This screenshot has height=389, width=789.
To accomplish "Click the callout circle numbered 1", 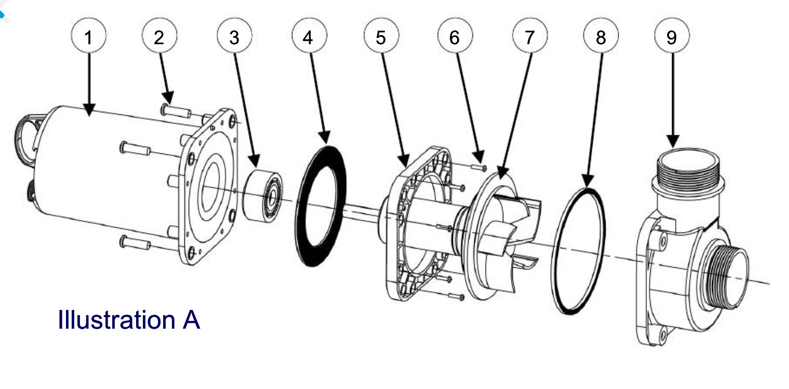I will coord(89,37).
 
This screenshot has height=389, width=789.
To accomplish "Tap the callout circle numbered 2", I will coord(159,37).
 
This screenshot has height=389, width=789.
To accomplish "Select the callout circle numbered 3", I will coord(234,37).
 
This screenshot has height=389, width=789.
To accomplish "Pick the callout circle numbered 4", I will coord(309,37).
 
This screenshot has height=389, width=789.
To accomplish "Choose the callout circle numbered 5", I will coord(381,37).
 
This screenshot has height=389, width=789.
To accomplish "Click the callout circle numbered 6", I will coord(455,37).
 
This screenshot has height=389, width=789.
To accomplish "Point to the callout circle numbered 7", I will coord(529,37).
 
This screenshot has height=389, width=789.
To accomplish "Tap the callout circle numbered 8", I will coord(601,37).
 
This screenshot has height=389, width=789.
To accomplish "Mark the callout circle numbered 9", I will coord(672,37).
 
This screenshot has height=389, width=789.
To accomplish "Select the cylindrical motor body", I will coord(104,172).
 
